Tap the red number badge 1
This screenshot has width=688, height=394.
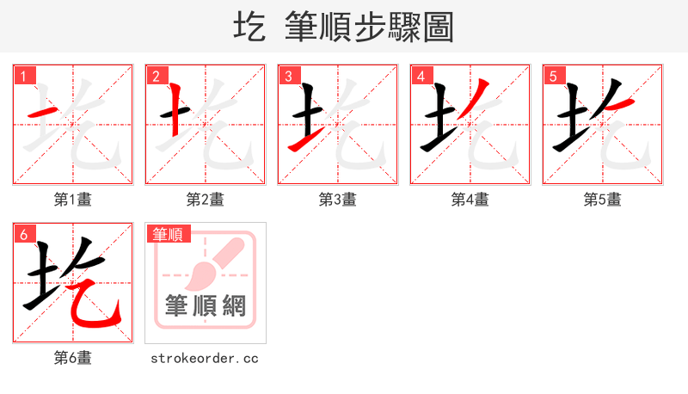[23, 76]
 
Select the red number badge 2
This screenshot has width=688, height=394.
[156, 76]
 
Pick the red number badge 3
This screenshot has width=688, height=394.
[288, 76]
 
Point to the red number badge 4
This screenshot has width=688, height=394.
[421, 76]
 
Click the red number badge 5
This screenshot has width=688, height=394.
[553, 76]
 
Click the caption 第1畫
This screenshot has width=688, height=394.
[73, 200]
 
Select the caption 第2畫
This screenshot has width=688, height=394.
[206, 200]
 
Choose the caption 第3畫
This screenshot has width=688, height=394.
[338, 200]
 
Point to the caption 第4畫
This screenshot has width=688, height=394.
[470, 200]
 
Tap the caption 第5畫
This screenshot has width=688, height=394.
[603, 200]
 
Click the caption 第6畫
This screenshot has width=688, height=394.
[73, 358]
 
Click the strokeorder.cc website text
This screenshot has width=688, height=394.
[206, 358]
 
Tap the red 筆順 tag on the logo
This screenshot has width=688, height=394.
[169, 234]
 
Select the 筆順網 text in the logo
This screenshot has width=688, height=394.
[206, 305]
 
